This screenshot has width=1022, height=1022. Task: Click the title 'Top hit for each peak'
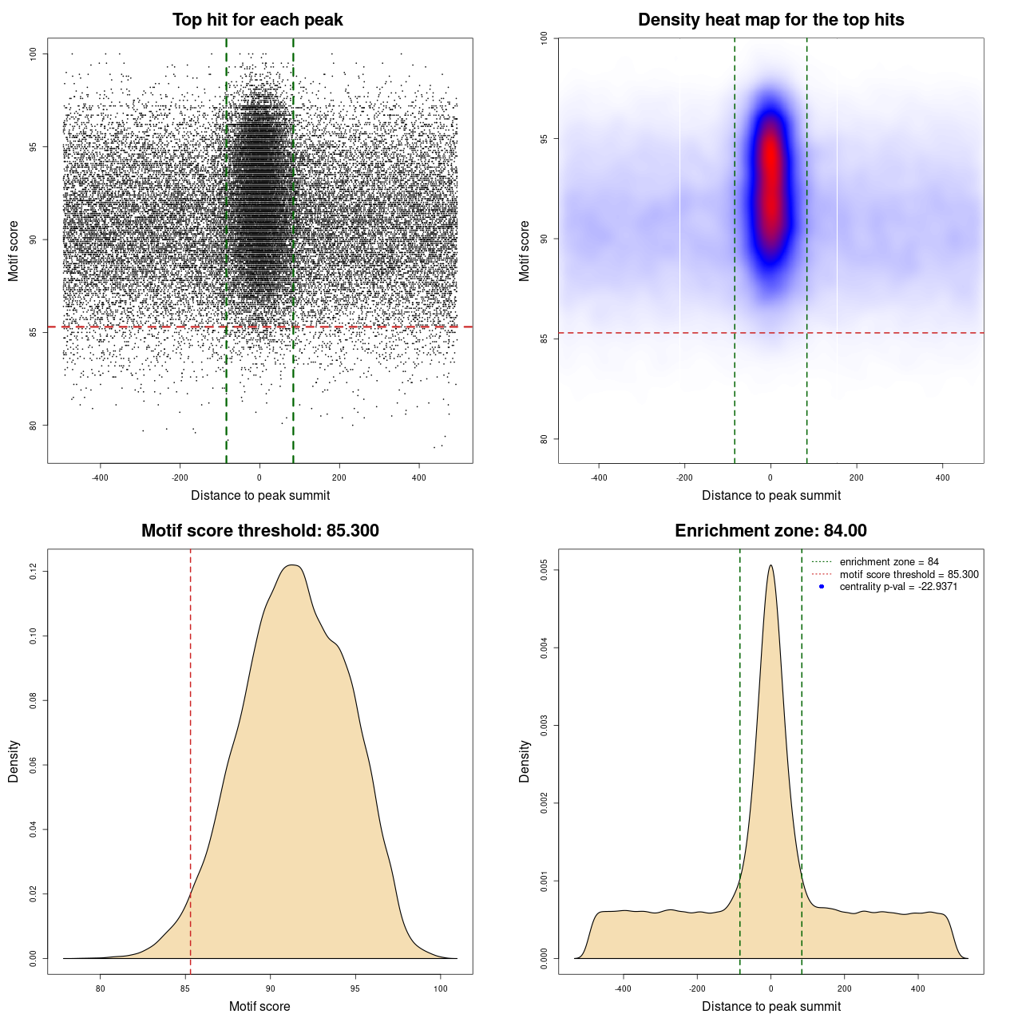[257, 20]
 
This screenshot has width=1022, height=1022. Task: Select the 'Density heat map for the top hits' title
[770, 20]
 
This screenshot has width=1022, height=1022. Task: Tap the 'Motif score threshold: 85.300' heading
[259, 531]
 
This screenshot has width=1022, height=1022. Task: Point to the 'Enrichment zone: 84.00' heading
[770, 531]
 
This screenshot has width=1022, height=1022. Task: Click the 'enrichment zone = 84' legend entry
[889, 562]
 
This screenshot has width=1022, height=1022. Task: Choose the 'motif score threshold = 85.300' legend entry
[909, 575]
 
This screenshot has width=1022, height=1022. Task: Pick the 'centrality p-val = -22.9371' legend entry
[898, 587]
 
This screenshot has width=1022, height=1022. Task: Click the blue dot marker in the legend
[822, 587]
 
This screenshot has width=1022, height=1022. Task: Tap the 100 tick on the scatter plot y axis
[34, 53]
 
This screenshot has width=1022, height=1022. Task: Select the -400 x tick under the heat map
[598, 477]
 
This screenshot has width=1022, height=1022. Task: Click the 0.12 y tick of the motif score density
[34, 571]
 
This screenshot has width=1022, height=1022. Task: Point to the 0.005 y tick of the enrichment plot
[545, 570]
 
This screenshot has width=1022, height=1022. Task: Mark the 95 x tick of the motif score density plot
[355, 988]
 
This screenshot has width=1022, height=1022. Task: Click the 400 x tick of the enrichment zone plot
[918, 988]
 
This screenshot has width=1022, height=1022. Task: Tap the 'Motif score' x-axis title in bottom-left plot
[259, 1006]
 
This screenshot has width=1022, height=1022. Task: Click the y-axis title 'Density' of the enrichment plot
[525, 761]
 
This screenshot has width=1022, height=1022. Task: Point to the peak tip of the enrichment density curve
[770, 566]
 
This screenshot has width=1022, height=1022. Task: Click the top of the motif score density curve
[293, 565]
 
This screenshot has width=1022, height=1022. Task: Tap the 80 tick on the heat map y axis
[545, 438]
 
